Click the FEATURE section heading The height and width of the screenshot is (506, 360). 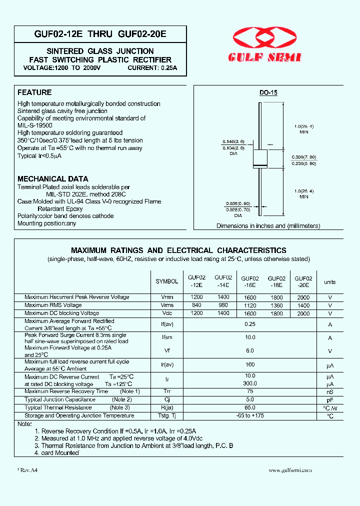click(x=34, y=92)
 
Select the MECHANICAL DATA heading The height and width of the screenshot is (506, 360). click(x=53, y=178)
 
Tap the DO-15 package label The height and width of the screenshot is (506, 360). click(x=268, y=93)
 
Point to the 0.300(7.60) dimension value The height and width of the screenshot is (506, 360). click(x=304, y=157)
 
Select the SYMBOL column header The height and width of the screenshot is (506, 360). click(x=166, y=282)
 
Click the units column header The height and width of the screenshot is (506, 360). click(x=329, y=282)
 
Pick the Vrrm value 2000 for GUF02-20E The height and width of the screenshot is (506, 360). click(x=303, y=297)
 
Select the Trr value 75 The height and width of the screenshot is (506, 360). click(x=250, y=391)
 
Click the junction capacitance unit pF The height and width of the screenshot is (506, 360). click(x=329, y=400)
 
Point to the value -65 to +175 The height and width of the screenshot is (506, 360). click(x=250, y=415)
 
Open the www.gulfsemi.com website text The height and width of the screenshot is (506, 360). click(x=290, y=470)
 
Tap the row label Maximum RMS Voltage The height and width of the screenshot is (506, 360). click(x=53, y=305)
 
